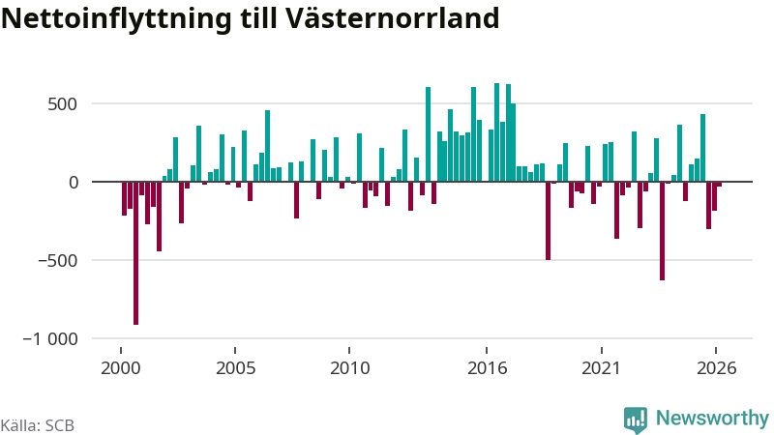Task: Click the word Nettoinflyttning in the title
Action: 116,19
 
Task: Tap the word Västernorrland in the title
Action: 393,18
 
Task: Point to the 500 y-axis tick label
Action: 62,104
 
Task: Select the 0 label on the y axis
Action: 74,183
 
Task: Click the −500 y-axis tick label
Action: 58,260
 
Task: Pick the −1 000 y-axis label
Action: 50,339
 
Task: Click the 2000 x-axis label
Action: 120,368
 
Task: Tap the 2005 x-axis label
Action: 235,368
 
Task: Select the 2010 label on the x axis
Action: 349,368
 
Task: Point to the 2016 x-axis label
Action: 488,368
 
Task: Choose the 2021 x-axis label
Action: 601,368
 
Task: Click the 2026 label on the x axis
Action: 716,368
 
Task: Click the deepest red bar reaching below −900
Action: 135,253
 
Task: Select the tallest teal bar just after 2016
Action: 496,132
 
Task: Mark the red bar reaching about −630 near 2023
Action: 662,231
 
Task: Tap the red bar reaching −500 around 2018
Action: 548,221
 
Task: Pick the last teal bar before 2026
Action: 702,148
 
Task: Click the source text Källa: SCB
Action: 38,425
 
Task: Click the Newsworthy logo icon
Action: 636,420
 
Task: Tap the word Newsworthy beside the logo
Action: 712,418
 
